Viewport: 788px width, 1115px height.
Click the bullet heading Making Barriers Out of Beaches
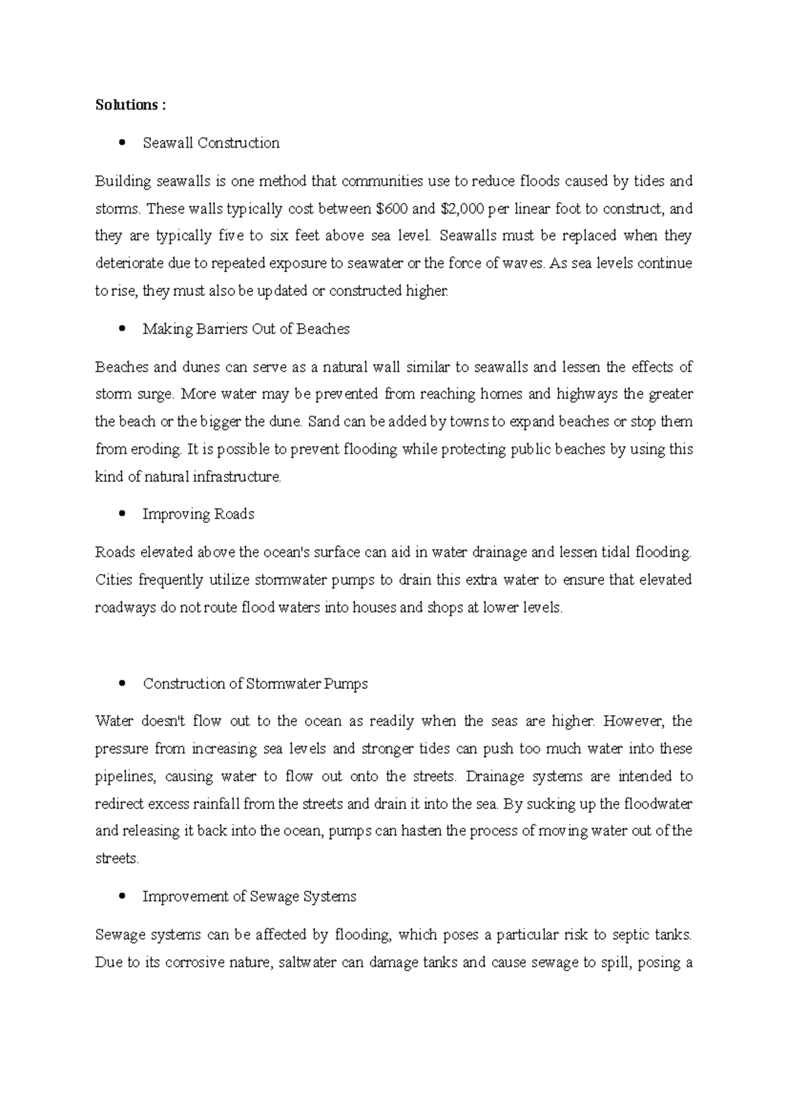click(x=246, y=329)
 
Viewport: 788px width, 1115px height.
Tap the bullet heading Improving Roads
click(x=198, y=514)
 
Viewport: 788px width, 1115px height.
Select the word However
click(x=634, y=721)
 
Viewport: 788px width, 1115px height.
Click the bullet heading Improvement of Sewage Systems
click(x=249, y=896)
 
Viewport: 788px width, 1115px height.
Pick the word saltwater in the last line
click(x=307, y=963)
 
